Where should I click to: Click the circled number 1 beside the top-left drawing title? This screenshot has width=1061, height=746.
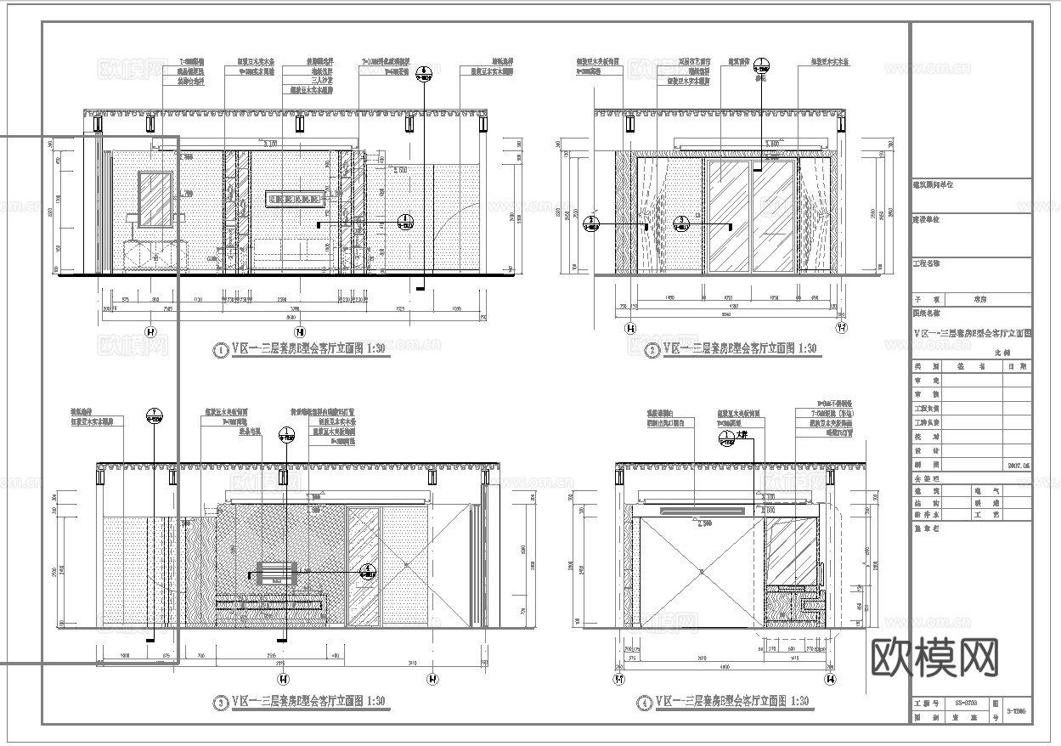[x=221, y=350]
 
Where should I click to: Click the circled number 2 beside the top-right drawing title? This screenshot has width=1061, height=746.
[x=652, y=350]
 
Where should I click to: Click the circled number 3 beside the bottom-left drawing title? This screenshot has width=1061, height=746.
[x=221, y=703]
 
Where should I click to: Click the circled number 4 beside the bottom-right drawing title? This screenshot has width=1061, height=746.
[x=646, y=703]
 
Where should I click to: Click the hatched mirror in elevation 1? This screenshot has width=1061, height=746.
[x=155, y=200]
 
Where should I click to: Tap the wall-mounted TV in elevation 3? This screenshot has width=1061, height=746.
[x=274, y=572]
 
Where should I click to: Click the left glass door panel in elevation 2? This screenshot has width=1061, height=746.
[x=728, y=217]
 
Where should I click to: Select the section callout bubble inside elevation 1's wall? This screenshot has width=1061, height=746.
[x=405, y=223]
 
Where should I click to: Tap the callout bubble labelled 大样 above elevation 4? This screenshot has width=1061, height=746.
[x=726, y=438]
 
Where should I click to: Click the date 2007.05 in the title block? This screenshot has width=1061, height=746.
[x=1018, y=466]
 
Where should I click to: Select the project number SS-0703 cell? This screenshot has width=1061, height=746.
[x=960, y=704]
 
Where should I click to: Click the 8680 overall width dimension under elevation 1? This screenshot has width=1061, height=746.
[x=295, y=316]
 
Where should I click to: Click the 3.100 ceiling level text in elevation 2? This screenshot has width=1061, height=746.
[x=773, y=144]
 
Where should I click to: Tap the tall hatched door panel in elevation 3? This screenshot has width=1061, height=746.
[x=363, y=567]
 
